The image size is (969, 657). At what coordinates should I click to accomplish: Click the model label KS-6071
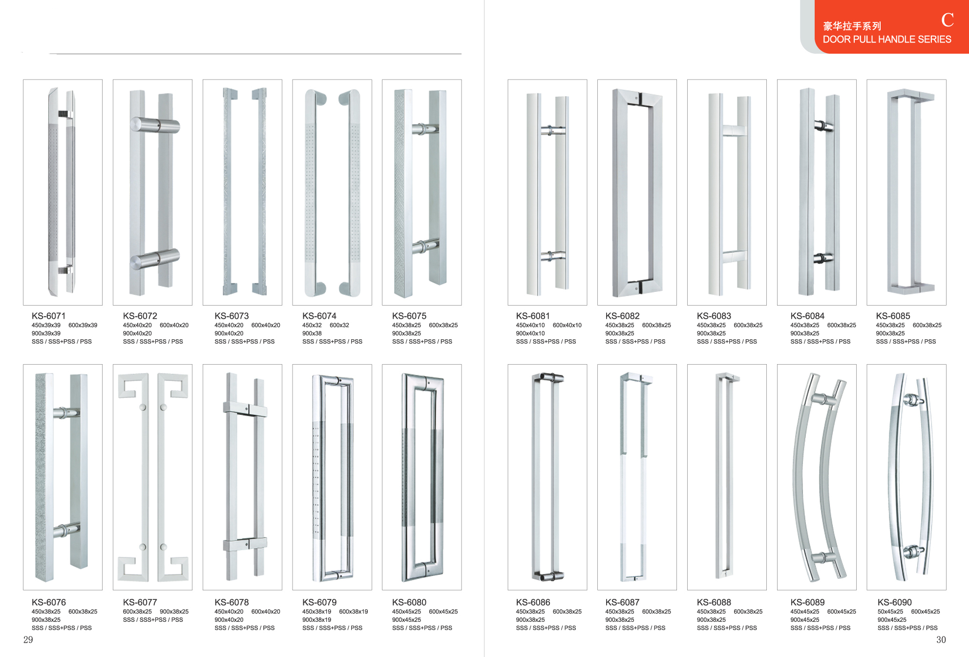pos(48,316)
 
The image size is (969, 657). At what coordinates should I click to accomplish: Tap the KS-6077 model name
pos(140,602)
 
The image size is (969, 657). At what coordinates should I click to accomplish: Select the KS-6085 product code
pos(893,316)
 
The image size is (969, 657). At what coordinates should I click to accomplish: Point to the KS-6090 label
pos(894,602)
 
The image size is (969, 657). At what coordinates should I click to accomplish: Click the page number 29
pos(28,639)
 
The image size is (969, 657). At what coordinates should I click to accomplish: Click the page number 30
pos(941,639)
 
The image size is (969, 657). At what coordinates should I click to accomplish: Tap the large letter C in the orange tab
pos(947,20)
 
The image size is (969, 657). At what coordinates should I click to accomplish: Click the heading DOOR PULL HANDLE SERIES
pos(886,40)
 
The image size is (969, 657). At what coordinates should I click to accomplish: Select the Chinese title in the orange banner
pos(852,26)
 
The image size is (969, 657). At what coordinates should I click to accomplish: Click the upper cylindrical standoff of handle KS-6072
pos(155,125)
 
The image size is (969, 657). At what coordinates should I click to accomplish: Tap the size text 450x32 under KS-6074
pos(312,325)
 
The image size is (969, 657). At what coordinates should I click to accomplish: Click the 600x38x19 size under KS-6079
pos(353,612)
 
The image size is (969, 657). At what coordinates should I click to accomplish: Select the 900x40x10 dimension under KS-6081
pos(530,333)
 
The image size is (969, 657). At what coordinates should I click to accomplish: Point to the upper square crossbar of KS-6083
pos(734,130)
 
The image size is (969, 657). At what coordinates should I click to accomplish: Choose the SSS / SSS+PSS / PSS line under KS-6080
pos(422,628)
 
